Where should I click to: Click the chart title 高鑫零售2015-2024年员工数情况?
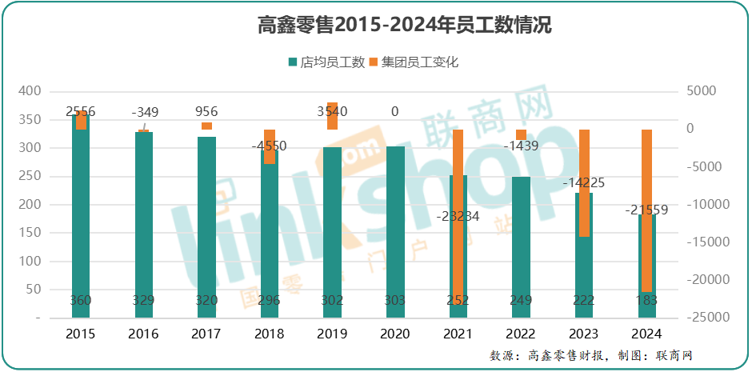(x=405, y=25)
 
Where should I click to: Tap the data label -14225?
(x=584, y=182)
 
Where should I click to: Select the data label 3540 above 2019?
(x=333, y=112)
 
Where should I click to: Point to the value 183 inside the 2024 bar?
(x=646, y=300)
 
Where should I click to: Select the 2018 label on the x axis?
(x=270, y=334)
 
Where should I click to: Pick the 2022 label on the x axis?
(x=521, y=334)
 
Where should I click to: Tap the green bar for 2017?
(x=206, y=232)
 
